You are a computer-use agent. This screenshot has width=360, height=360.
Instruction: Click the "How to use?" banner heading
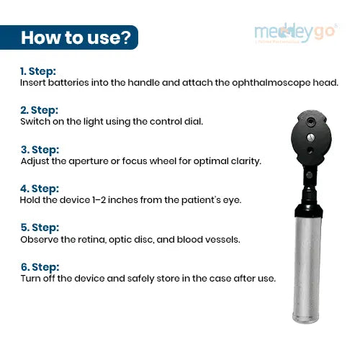76,37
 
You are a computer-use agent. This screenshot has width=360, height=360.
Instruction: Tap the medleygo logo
296,33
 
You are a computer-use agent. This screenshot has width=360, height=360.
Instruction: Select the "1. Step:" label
38,71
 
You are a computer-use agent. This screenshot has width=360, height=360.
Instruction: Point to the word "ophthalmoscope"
271,83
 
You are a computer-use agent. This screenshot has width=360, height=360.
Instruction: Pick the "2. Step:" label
39,110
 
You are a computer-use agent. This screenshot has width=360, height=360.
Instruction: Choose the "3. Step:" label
40,150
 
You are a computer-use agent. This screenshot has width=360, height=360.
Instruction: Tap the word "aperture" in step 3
89,161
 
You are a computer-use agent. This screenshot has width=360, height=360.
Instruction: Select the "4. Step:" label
40,189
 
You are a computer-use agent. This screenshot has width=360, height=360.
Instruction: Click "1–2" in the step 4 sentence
99,200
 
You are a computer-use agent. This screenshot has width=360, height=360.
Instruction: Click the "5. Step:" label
40,228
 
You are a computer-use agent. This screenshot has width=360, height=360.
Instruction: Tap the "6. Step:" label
40,267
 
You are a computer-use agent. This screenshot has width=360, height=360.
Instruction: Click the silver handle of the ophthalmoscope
307,269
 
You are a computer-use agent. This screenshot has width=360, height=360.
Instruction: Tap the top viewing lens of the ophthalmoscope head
311,122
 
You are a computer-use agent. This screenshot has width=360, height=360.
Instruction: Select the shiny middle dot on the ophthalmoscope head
310,138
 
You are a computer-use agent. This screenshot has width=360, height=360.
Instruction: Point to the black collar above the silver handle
308,210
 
